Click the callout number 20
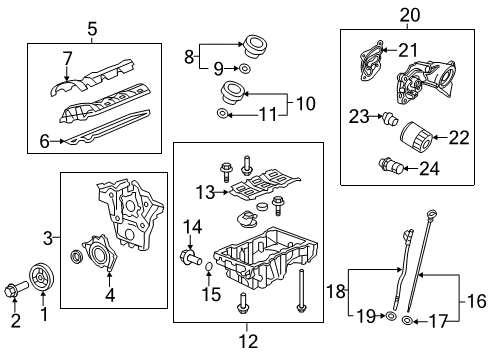[410, 15]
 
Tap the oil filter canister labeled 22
[416, 137]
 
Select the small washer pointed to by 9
[245, 69]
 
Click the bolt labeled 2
[17, 289]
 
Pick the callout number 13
[205, 192]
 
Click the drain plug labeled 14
[190, 257]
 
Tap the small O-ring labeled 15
[209, 267]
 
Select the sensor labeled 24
[392, 166]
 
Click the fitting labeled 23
[390, 118]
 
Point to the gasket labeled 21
[371, 61]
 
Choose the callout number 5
[92, 29]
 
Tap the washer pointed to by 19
[391, 315]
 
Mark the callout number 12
[249, 342]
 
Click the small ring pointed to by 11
[222, 114]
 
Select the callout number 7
[68, 58]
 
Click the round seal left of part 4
[76, 257]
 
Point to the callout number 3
[48, 238]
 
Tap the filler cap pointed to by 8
[255, 46]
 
